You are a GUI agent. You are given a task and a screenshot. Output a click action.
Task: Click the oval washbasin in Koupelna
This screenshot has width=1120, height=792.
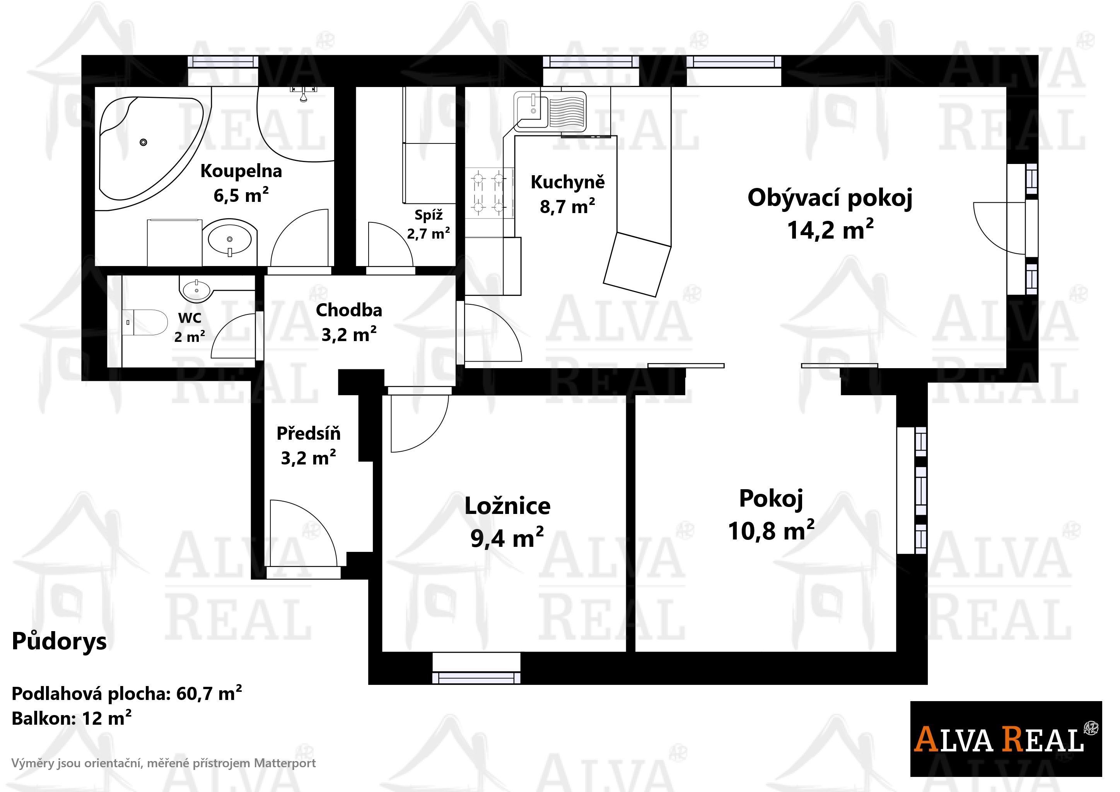pyautogui.click(x=230, y=239)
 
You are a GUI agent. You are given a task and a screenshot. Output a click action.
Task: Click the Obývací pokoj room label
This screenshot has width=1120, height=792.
pyautogui.click(x=829, y=199)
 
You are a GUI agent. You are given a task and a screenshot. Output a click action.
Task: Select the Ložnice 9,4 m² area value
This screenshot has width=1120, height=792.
pyautogui.click(x=507, y=538)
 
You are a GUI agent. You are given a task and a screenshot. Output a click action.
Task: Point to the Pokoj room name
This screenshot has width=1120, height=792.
pyautogui.click(x=771, y=498)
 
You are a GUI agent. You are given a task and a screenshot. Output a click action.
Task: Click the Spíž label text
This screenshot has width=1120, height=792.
pyautogui.click(x=428, y=215)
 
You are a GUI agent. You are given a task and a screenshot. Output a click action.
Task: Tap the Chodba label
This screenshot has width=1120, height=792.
pyautogui.click(x=349, y=310)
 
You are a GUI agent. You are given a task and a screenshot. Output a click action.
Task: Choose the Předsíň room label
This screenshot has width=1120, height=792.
pyautogui.click(x=308, y=434)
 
